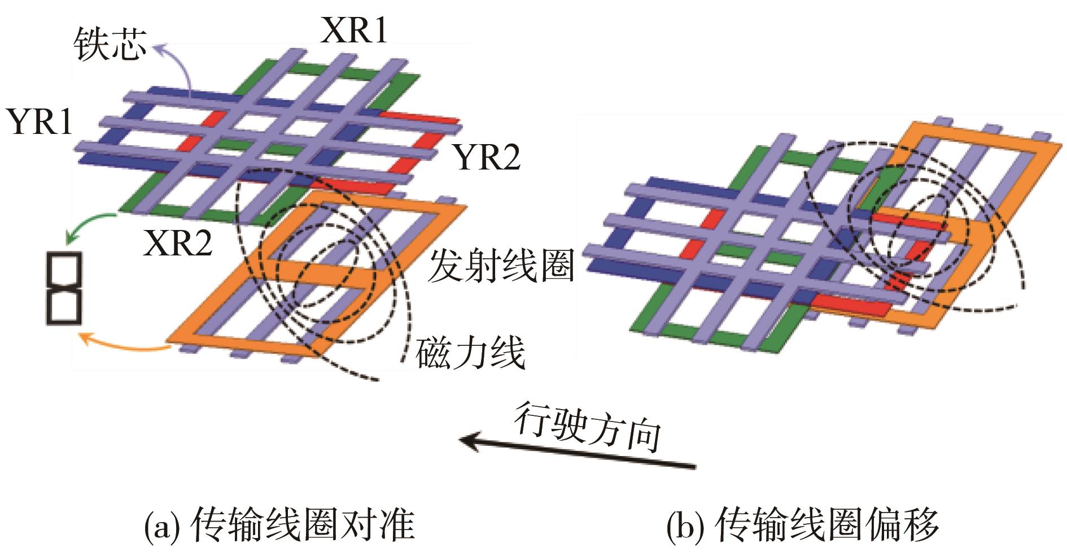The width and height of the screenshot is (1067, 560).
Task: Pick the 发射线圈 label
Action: pos(501,265)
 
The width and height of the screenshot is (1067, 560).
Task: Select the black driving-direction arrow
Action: pos(576,452)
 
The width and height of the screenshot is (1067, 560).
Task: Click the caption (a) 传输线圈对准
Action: pos(280,525)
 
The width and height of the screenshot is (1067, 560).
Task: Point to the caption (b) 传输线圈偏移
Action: pos(802,525)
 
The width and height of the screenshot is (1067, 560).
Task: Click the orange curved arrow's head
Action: pos(80,338)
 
